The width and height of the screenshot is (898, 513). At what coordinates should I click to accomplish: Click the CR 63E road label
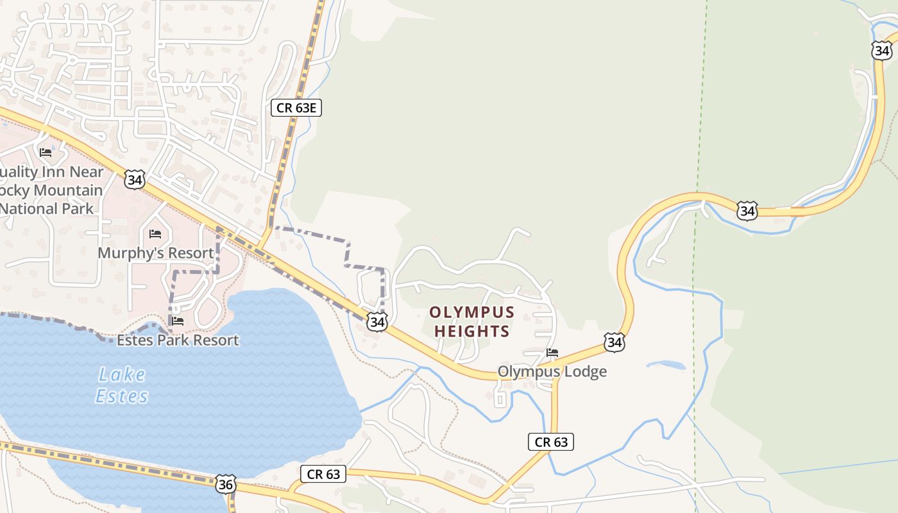[x=296, y=107]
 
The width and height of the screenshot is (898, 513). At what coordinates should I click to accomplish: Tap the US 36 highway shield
[x=225, y=484]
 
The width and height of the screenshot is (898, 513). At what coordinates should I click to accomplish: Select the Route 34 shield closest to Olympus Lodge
[x=614, y=342]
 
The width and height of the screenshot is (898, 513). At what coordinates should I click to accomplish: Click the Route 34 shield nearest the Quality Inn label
[x=135, y=179]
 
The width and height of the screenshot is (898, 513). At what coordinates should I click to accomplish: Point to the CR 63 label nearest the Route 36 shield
[x=323, y=474]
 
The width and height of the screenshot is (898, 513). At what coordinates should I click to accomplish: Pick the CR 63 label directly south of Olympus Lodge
[x=550, y=442]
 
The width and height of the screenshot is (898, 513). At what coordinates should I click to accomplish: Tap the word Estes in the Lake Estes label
[x=122, y=396]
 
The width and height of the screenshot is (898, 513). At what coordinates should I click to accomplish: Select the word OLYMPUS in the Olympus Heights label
[x=471, y=313]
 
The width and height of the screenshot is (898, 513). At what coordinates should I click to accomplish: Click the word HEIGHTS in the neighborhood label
[x=471, y=332]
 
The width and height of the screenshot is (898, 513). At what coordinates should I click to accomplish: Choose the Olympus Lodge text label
[x=552, y=372]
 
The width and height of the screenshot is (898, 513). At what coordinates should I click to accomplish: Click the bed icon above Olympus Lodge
[x=552, y=353]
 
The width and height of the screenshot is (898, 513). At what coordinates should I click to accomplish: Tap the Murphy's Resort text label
[x=155, y=253]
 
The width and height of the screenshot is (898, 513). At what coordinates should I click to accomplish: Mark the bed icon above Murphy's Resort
[x=155, y=234]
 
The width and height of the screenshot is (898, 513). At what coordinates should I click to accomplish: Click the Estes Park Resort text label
[x=178, y=340]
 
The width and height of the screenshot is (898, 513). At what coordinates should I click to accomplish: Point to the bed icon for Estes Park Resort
[x=178, y=321]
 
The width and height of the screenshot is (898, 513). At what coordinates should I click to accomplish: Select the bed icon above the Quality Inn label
[x=46, y=153]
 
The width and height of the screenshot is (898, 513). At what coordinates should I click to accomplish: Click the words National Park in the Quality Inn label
[x=46, y=208]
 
